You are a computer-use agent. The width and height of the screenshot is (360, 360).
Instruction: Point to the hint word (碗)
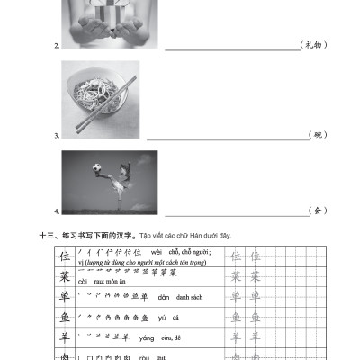(316, 134)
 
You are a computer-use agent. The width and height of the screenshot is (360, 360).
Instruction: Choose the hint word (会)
(316, 211)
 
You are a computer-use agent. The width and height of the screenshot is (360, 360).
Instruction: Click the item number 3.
(56, 135)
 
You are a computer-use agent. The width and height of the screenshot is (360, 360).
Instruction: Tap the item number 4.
(56, 211)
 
